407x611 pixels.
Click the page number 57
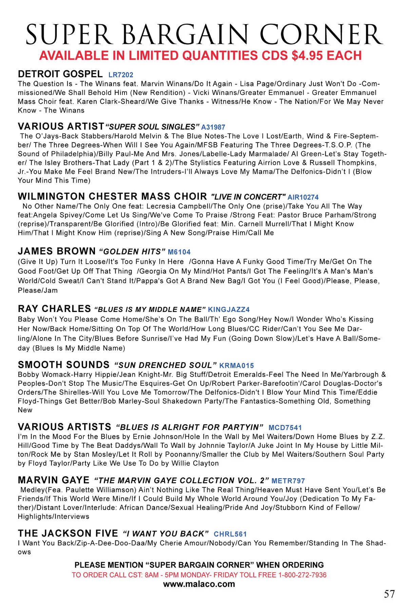click(389, 594)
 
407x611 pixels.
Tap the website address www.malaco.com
click(199, 584)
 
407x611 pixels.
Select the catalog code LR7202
click(121, 75)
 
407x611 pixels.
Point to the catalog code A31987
click(213, 127)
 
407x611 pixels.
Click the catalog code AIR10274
click(303, 197)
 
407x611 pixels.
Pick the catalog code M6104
click(179, 252)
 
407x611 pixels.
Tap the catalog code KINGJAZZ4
click(229, 310)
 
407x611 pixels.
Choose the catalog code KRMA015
click(236, 366)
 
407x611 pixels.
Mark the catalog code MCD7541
click(285, 428)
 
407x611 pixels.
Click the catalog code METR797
click(288, 481)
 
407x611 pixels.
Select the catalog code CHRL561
click(230, 534)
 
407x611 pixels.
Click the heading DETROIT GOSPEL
click(60, 74)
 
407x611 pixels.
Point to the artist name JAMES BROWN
click(57, 251)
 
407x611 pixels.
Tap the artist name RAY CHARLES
click(54, 309)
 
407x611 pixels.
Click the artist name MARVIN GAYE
click(54, 480)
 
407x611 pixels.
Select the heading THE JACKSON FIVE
click(68, 533)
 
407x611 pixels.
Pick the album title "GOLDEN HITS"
click(132, 252)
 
